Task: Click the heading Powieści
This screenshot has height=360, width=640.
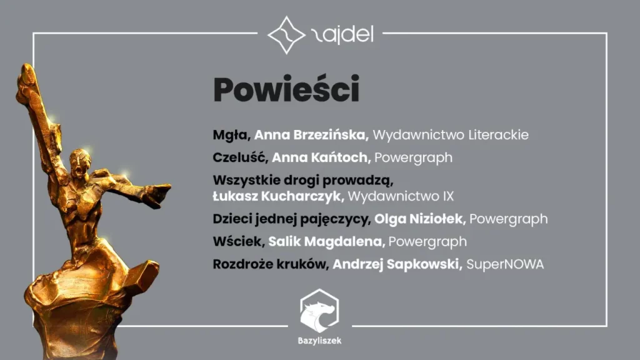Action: pos(286,91)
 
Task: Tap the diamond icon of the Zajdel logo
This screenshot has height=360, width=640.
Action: pos(286,35)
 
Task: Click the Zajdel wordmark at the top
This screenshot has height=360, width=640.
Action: pos(341,35)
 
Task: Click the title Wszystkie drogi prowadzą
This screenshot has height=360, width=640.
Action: pos(302,181)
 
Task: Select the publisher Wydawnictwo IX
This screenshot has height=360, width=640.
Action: pos(401,196)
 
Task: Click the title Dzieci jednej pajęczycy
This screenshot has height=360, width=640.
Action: pos(291,219)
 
